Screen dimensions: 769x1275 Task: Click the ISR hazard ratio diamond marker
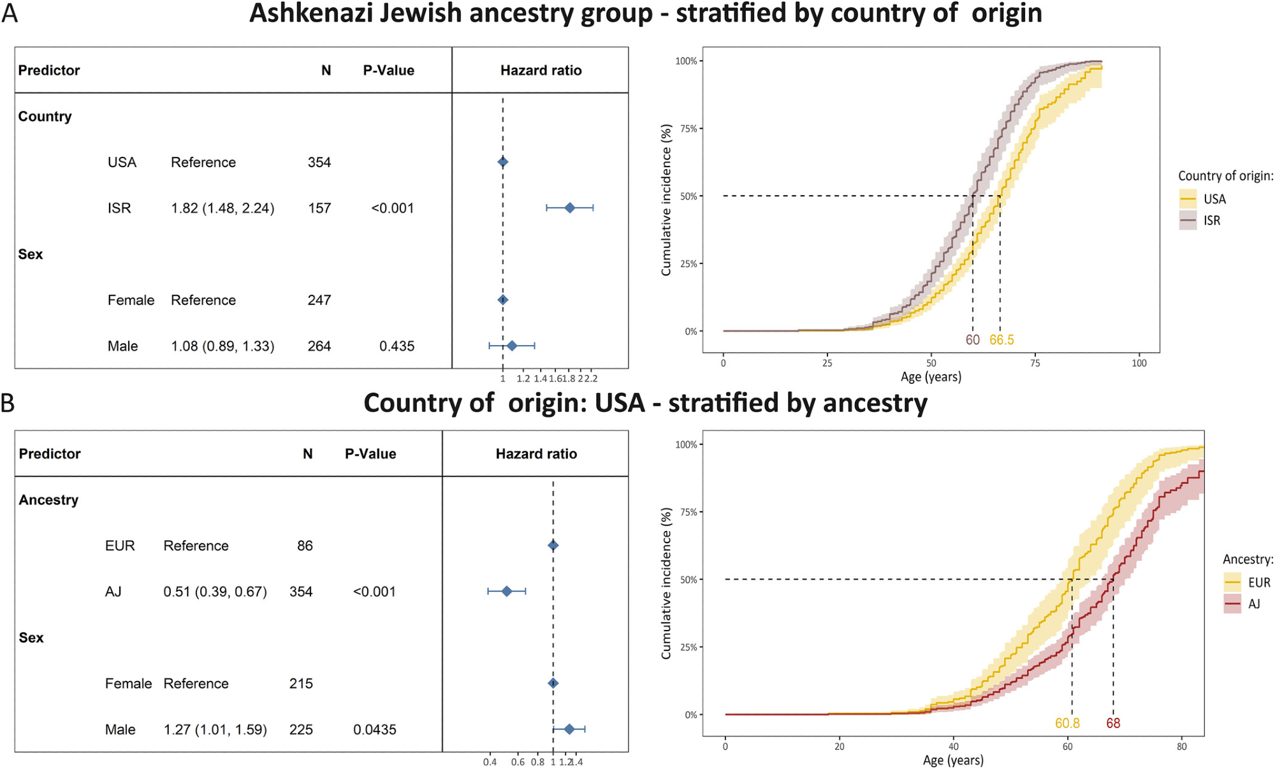[570, 208]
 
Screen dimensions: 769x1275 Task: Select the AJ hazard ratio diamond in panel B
[507, 592]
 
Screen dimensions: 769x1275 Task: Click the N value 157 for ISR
[319, 209]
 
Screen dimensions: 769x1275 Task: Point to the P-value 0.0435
[375, 729]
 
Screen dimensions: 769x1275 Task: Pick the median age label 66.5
[1002, 341]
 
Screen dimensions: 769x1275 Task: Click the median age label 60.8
[1067, 724]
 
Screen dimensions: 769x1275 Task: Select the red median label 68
[1113, 724]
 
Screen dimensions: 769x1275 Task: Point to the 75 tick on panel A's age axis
[1035, 363]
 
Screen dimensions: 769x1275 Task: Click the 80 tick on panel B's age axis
[1182, 747]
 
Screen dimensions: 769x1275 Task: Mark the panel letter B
[8, 404]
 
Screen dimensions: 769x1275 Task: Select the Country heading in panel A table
[45, 117]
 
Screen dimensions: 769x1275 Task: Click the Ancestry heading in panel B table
[48, 500]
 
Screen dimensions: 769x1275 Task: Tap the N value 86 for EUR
[305, 546]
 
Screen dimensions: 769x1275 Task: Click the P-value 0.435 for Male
[397, 346]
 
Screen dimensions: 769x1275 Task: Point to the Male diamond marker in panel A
[512, 346]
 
